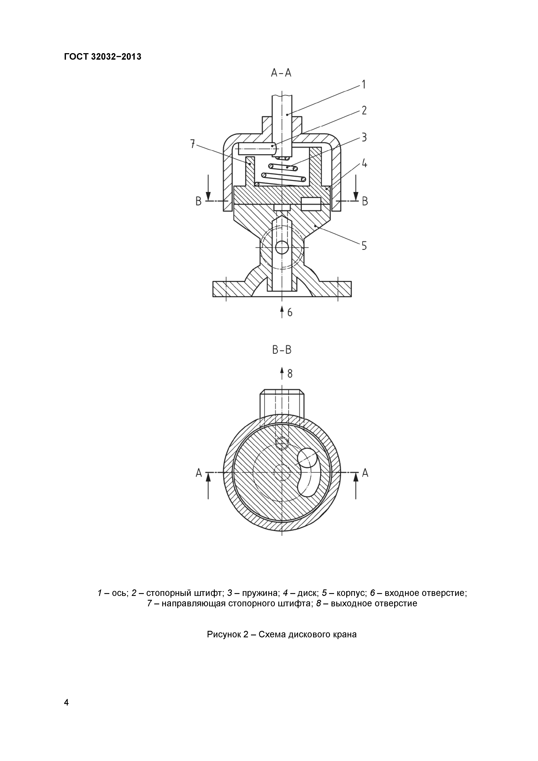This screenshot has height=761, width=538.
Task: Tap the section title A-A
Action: pyautogui.click(x=281, y=73)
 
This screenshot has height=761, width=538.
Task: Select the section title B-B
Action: pyautogui.click(x=282, y=350)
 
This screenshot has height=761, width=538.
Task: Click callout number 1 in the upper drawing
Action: pyautogui.click(x=364, y=85)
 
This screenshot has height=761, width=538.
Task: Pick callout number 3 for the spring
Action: pyautogui.click(x=364, y=137)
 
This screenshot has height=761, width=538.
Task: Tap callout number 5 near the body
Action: pyautogui.click(x=364, y=246)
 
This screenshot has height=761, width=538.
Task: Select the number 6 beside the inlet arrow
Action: pyautogui.click(x=290, y=313)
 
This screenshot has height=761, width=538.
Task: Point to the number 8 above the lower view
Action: pyautogui.click(x=290, y=374)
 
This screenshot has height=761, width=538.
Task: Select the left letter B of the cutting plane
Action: pyautogui.click(x=198, y=201)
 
